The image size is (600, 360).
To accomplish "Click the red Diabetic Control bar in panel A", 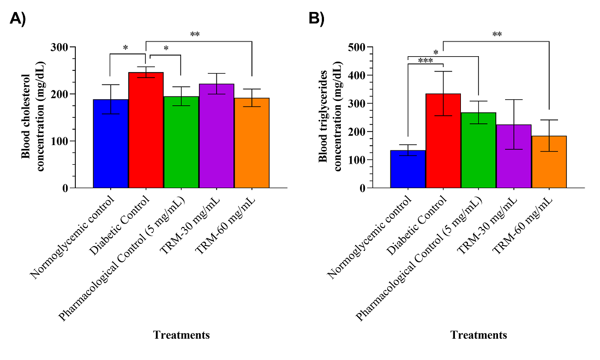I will [146, 131].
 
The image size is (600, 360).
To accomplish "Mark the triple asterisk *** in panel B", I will [425, 61].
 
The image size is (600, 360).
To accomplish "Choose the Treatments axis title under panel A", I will [182, 335].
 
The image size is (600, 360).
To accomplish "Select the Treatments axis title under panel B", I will [479, 335].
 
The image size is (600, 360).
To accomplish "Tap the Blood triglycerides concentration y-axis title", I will [329, 117].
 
